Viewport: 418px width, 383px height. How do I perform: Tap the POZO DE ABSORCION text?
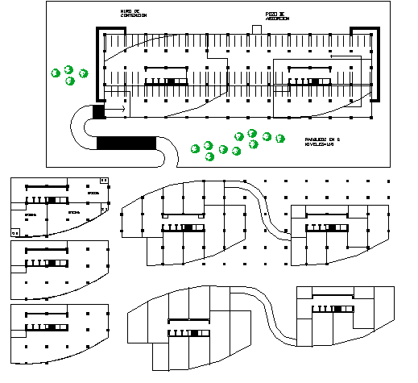[x=276, y=15]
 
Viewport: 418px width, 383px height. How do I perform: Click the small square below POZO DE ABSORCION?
[x=257, y=30]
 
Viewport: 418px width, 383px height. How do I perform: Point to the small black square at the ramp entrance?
[x=99, y=112]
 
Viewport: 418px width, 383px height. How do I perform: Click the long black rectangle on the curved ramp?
[x=126, y=144]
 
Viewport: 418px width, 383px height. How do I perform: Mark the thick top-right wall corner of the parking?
[x=371, y=32]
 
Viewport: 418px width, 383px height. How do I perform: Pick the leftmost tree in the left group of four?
[x=56, y=73]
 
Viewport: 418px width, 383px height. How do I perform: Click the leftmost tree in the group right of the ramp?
[x=195, y=148]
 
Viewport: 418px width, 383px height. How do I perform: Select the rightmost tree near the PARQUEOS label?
[x=279, y=137]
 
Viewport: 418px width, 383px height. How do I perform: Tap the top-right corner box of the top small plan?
[x=103, y=180]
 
